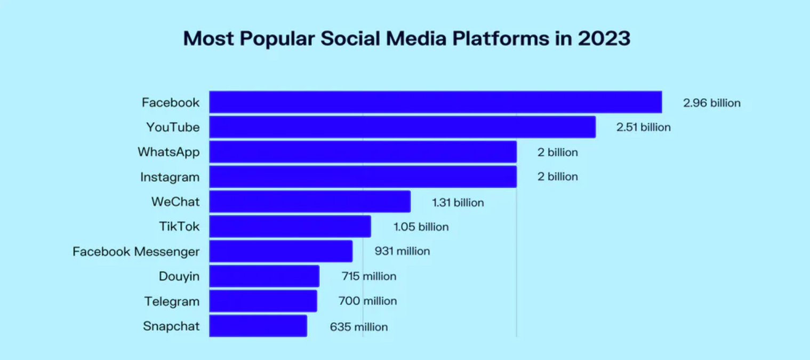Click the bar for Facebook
435,102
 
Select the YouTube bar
402,127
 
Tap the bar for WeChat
309,202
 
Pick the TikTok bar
290,226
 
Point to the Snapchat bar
258,326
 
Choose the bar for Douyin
264,276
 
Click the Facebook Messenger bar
280,251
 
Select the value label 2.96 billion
711,103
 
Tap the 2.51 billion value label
643,127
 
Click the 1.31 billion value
458,203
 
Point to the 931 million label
402,251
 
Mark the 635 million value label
358,327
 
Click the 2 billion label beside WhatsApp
557,153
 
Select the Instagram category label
170,177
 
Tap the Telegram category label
171,301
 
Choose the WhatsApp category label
169,152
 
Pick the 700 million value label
367,301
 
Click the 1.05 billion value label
421,227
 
